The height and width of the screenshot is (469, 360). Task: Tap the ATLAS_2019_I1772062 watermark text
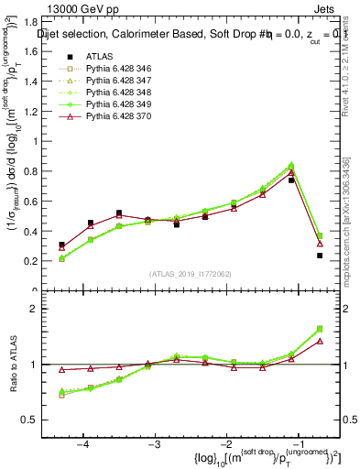coord(191,274)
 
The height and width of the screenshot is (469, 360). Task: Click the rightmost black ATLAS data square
coord(320,256)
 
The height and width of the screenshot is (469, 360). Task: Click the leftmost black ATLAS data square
coord(61,245)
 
